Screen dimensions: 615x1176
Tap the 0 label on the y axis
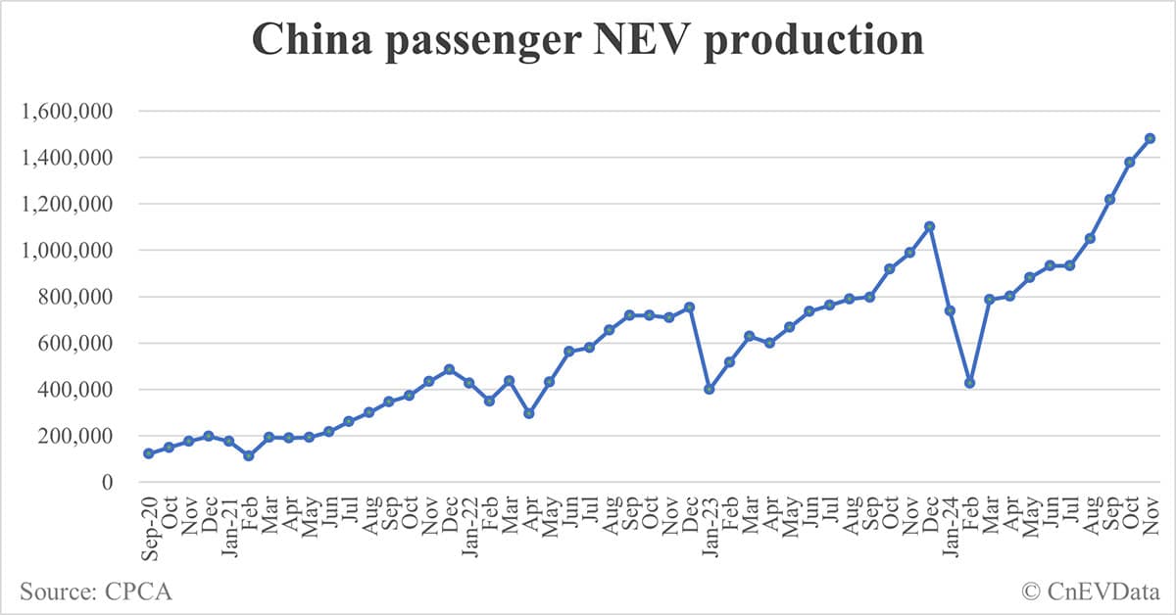point(107,483)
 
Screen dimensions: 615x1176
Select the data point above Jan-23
point(709,389)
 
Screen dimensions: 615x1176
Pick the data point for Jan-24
point(949,310)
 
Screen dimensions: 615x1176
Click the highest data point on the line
point(1150,138)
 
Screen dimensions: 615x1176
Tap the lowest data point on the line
point(249,455)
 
